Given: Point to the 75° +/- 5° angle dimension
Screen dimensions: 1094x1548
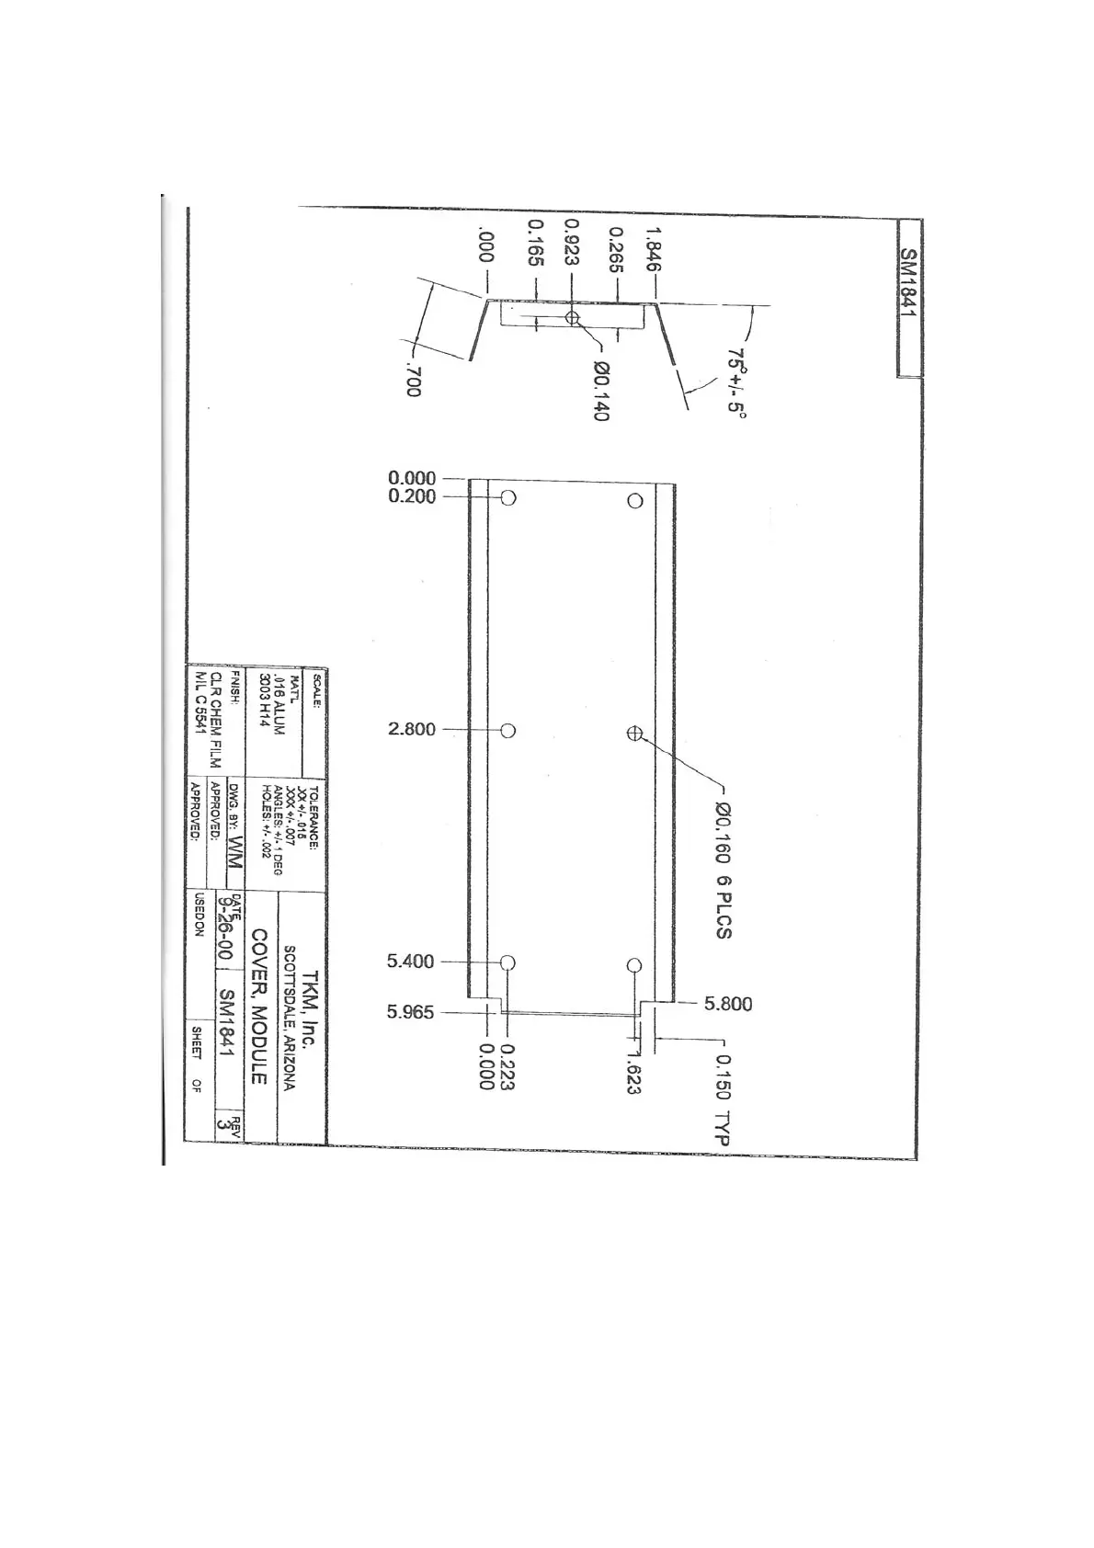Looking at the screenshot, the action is point(735,381).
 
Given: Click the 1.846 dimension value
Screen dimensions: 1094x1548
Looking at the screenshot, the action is point(655,245).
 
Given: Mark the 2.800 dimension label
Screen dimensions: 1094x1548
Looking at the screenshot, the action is point(412,730).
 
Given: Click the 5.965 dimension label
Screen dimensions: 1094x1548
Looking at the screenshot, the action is point(411,1012).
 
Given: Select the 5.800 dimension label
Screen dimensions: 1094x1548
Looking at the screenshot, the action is point(728,1004).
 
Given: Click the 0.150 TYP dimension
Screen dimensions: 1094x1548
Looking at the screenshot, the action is point(723,1099).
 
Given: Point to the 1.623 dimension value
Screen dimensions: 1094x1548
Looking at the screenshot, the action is point(633,1072).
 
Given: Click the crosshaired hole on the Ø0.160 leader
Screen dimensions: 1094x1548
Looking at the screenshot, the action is point(634,733).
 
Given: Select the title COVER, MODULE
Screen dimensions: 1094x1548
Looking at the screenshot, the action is point(259,1006).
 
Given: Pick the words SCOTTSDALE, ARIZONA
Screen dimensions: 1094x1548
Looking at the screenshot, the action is point(289,1018).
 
